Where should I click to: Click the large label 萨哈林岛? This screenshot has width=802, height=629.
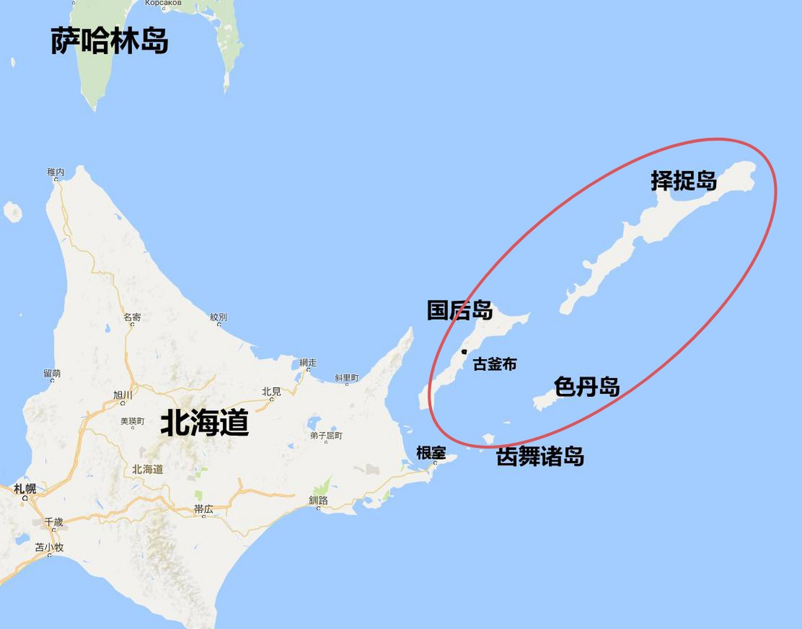[110, 40]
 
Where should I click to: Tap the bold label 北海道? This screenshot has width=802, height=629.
[204, 423]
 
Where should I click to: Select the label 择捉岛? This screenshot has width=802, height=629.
[684, 181]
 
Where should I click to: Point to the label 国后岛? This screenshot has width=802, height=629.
[459, 311]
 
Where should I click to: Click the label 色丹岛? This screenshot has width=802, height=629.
[587, 387]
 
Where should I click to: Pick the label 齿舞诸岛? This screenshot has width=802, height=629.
[540, 457]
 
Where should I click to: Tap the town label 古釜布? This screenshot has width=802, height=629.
[495, 364]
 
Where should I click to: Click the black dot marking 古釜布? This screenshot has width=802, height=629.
[464, 352]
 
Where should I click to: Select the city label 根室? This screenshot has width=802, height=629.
[431, 453]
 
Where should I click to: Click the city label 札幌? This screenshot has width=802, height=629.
[25, 488]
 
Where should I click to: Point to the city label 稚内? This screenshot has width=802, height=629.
[56, 172]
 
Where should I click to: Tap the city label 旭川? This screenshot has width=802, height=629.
[123, 395]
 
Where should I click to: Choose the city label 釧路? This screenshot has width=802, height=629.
[318, 500]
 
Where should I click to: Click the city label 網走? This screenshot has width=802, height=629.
[308, 363]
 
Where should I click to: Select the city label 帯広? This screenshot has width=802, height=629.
[203, 509]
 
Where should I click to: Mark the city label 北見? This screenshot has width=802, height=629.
[271, 391]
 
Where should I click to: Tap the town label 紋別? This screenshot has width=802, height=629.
[219, 317]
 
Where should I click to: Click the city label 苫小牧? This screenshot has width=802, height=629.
[49, 547]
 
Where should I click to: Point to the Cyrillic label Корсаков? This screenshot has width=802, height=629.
[163, 3]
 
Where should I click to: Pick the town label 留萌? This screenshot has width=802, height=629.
[52, 373]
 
